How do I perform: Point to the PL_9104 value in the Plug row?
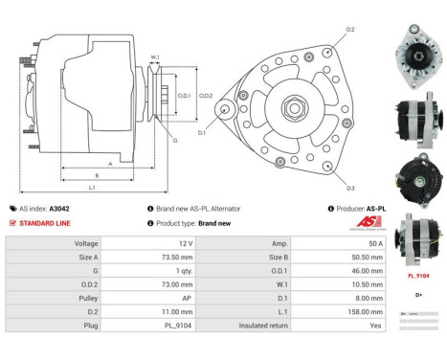pyautogui.click(x=179, y=326)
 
